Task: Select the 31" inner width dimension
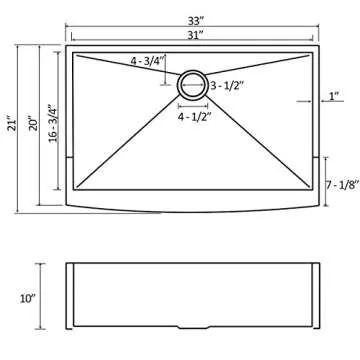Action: tap(190, 35)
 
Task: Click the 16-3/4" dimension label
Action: tap(51, 107)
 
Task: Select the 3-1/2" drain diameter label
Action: tap(228, 87)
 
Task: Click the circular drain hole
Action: tap(192, 84)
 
